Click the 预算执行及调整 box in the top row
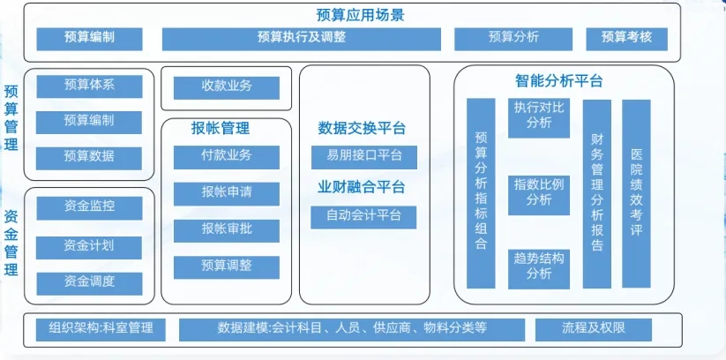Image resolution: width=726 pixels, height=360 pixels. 301,39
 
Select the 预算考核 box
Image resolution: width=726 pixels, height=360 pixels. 626,39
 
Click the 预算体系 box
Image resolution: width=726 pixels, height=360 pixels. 89,86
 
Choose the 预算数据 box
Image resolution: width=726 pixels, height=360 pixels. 89,158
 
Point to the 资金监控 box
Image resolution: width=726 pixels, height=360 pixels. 89,207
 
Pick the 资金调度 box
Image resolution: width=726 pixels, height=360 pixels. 89,283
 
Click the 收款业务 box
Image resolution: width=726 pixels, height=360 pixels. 227,87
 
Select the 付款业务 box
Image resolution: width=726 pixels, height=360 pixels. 227,157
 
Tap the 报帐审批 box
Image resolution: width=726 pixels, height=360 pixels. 227,230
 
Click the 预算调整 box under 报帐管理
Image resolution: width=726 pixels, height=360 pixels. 227,266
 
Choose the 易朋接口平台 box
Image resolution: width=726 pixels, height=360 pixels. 363,158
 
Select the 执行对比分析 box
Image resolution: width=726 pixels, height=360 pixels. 538,117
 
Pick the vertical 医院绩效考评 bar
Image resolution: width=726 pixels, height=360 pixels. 636,193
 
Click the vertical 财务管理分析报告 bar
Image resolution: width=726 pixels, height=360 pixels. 596,193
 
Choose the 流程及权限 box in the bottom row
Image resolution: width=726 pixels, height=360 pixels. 593,329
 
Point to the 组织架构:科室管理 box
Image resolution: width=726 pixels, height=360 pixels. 101,329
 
